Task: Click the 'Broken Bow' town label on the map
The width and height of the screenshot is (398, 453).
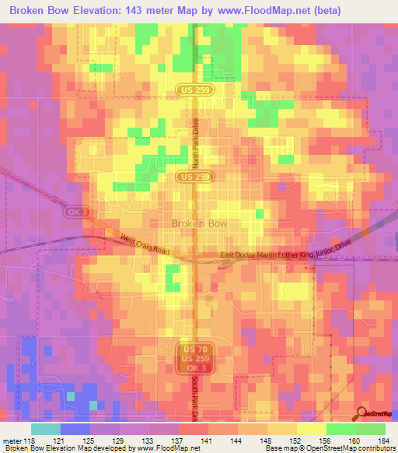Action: pos(199,223)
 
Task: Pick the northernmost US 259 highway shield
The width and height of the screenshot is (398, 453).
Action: pos(194,90)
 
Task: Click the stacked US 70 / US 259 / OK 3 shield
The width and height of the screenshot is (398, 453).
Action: pos(194,357)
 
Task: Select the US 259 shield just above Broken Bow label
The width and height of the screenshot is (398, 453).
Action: pos(194,177)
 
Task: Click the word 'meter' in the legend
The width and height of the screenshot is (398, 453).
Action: pos(12,440)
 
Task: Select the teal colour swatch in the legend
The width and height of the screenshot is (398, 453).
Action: pos(46,429)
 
